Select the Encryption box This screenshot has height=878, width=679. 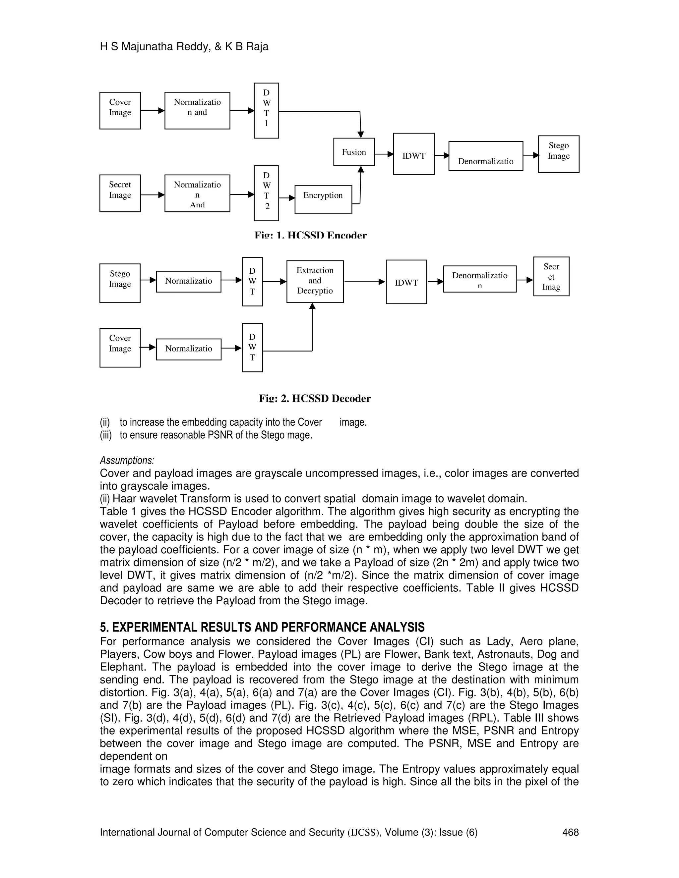[323, 199]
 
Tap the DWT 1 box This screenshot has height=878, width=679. [266, 111]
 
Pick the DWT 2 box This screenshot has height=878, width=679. [266, 193]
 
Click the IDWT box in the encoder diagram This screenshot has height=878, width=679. [413, 154]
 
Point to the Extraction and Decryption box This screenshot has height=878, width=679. [315, 281]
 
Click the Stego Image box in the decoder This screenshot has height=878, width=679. [120, 283]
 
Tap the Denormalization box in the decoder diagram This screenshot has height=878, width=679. [479, 279]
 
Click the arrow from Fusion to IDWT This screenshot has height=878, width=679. [384, 154]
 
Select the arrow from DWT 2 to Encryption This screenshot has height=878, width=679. [287, 198]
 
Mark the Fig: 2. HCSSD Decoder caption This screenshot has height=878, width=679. [315, 398]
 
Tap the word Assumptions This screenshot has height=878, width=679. [127, 460]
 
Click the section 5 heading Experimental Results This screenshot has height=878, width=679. [262, 627]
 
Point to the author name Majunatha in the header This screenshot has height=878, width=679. [146, 47]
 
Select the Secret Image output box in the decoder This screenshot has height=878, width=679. [551, 277]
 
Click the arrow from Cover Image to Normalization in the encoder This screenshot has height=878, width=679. [153, 111]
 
